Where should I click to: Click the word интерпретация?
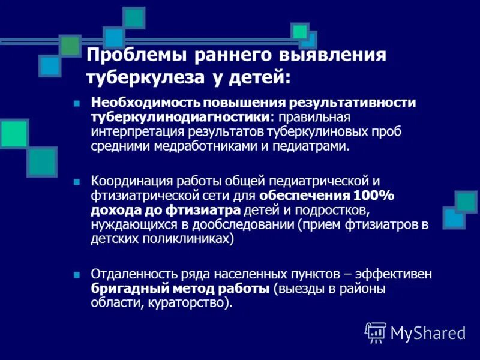(130, 131)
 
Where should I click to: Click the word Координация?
(128, 181)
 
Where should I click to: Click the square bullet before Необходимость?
(76, 103)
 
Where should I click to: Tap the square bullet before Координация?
(76, 181)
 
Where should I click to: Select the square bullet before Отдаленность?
(76, 274)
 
